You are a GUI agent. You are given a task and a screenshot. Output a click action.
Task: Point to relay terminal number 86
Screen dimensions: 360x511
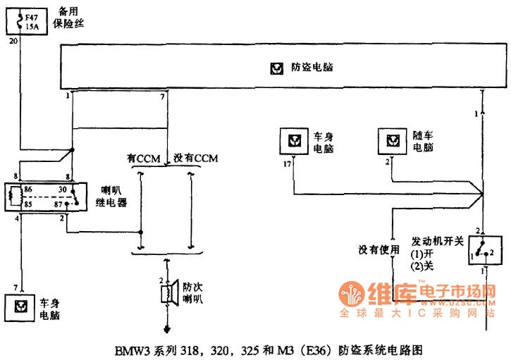[x=28, y=190]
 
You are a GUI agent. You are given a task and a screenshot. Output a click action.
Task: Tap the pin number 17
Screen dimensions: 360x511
[x=287, y=163]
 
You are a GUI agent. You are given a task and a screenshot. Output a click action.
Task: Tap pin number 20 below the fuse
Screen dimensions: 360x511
[x=13, y=42]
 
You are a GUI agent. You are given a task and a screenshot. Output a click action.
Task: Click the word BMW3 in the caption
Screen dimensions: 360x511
[x=130, y=349]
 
